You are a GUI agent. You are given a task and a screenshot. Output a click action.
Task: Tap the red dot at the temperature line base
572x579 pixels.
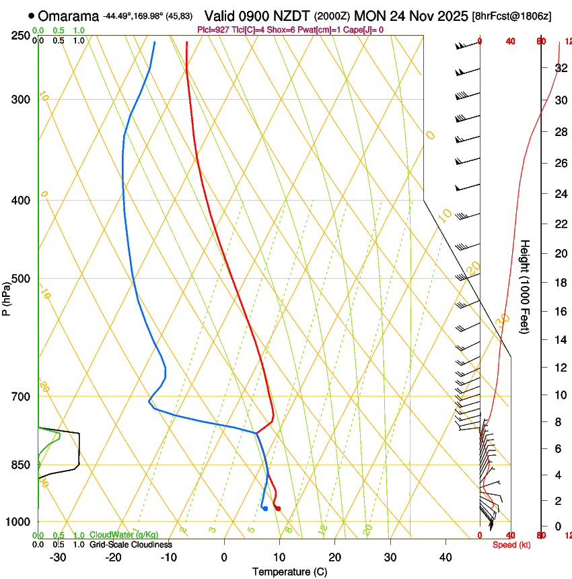[277, 508]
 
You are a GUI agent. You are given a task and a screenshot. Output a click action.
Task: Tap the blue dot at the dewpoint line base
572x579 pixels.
[265, 508]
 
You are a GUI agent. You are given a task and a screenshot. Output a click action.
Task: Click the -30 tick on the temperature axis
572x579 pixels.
[58, 557]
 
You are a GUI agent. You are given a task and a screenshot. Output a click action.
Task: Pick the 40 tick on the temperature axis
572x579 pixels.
[445, 557]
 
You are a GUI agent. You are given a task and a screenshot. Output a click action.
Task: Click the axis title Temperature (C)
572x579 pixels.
[289, 572]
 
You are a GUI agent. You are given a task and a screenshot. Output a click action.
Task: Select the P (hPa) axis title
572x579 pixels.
[7, 297]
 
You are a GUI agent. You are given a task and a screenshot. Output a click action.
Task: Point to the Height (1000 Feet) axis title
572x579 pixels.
[525, 286]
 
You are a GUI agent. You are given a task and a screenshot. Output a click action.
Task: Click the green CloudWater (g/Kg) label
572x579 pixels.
[114, 535]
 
